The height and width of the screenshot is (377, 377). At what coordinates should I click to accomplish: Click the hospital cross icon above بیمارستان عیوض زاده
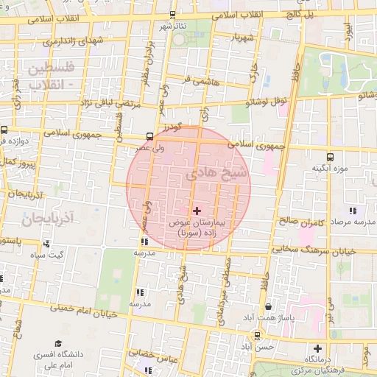click(197, 211)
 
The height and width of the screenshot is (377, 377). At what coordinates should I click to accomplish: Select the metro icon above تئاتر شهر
click(172, 14)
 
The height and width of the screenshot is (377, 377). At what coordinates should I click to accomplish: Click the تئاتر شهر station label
click(174, 26)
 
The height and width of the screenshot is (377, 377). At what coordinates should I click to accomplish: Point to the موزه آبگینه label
click(328, 168)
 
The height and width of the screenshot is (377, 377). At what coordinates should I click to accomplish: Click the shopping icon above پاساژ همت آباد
click(267, 306)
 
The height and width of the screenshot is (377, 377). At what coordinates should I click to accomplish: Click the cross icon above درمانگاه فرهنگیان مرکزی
click(317, 348)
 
